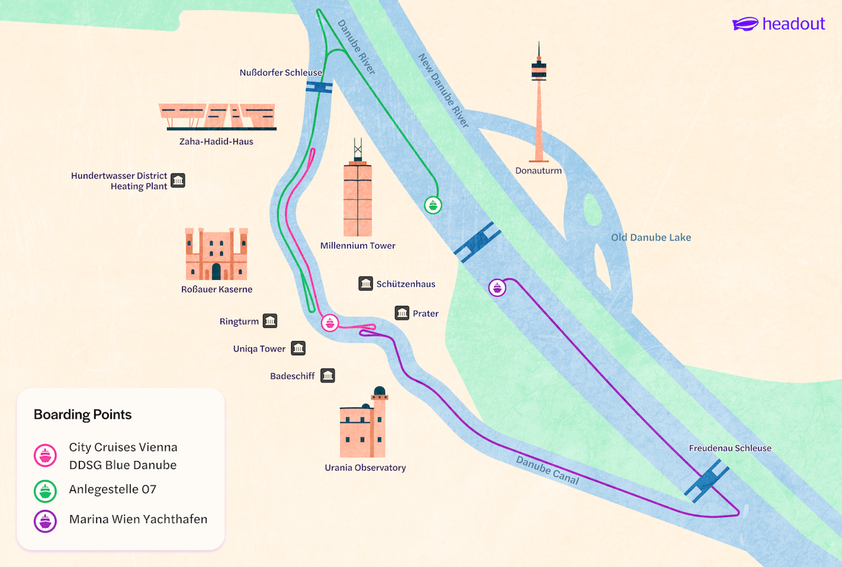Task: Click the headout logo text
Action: click(x=793, y=24)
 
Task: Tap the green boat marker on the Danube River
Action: click(x=433, y=205)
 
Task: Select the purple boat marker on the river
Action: click(x=497, y=288)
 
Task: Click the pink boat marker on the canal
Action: click(x=330, y=322)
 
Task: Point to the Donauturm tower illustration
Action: click(x=538, y=107)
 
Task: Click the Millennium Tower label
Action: click(x=357, y=245)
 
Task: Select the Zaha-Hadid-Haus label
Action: click(x=216, y=142)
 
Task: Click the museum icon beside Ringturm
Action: click(x=270, y=321)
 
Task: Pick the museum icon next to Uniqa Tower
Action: click(x=298, y=348)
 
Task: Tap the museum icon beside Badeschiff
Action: click(x=328, y=375)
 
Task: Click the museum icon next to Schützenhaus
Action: click(x=366, y=283)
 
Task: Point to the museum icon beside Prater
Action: click(x=402, y=313)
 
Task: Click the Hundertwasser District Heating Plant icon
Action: click(x=178, y=180)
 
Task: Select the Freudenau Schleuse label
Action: click(x=730, y=448)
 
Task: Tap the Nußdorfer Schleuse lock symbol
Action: click(x=319, y=87)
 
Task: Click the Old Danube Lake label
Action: click(x=651, y=238)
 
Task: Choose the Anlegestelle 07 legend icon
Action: click(x=45, y=491)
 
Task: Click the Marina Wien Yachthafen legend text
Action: click(x=138, y=519)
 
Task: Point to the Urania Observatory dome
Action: click(x=379, y=391)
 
